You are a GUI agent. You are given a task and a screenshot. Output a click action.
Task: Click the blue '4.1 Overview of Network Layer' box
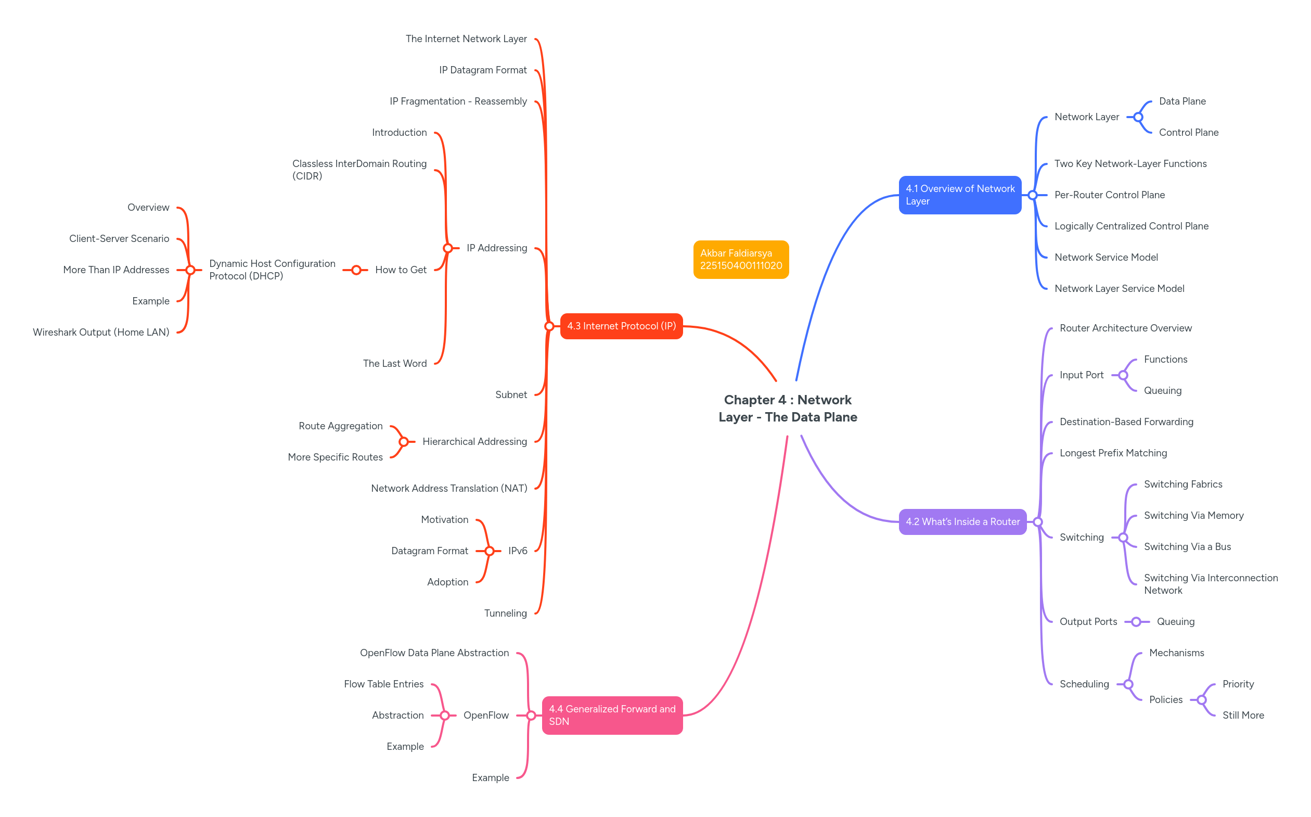tap(959, 195)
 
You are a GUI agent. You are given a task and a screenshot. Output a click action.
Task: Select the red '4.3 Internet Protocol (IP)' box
tap(621, 326)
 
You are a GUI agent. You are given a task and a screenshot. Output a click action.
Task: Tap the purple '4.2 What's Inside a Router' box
tap(962, 522)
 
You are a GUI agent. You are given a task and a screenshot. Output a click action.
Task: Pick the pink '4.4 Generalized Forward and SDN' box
tap(612, 716)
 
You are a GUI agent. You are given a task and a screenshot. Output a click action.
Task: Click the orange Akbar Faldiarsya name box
tap(741, 260)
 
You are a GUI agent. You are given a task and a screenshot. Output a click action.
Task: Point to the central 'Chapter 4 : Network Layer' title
tap(788, 408)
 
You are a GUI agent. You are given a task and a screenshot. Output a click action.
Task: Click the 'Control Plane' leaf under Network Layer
tap(1188, 133)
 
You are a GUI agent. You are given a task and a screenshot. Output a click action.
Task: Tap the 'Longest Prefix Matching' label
tap(1113, 453)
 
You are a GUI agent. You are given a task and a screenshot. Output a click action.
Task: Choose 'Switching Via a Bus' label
tap(1187, 547)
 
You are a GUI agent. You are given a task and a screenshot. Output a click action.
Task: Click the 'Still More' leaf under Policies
tap(1243, 716)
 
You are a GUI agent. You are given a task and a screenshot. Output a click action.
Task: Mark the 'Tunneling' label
tap(505, 614)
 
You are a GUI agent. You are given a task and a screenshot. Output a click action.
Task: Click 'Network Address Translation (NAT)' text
tap(449, 489)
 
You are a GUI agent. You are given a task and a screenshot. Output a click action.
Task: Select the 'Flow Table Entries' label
tap(383, 685)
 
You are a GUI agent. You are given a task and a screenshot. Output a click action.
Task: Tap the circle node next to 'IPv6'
tap(490, 551)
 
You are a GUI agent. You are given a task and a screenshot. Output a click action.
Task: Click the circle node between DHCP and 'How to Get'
tap(356, 270)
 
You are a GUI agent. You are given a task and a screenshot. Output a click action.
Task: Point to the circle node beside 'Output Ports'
tap(1136, 622)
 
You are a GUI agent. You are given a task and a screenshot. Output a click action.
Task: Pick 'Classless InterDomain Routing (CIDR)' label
tap(359, 170)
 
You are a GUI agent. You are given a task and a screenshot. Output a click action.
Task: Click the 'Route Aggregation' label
tap(340, 426)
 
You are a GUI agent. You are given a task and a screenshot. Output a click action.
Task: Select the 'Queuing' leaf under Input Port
tap(1162, 391)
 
